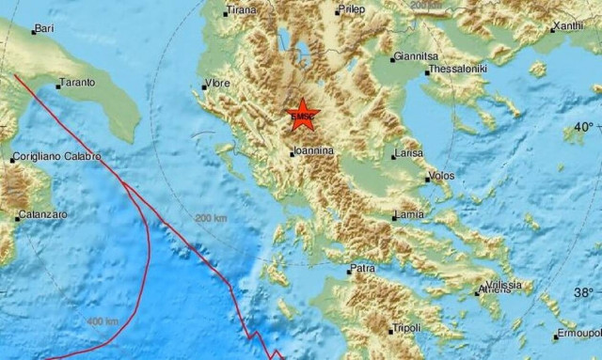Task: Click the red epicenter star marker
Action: tap(303, 115)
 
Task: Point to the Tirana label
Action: tap(241, 10)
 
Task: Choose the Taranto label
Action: tap(76, 83)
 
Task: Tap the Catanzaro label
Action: tap(43, 215)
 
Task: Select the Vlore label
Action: tap(217, 84)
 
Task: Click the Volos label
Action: tap(440, 176)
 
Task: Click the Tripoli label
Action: tap(405, 328)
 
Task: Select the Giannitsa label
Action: tap(418, 55)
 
